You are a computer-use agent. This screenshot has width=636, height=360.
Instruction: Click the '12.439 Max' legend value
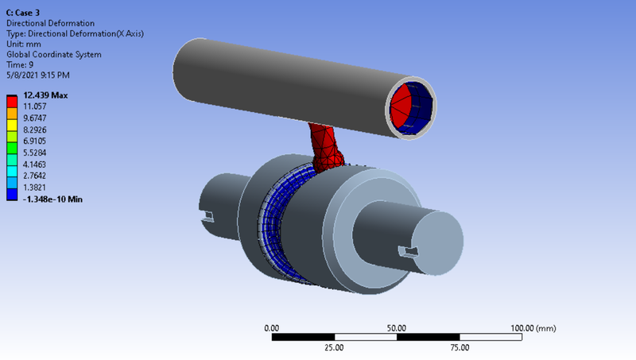tap(45, 95)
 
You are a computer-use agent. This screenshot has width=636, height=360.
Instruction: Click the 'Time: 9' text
tap(20, 64)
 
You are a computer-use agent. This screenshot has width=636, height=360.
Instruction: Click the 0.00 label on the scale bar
tap(271, 327)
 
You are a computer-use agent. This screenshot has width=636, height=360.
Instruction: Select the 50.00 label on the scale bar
tap(396, 327)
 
